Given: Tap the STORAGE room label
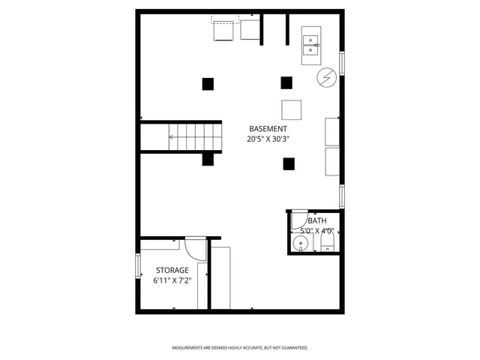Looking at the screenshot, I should tap(172, 270).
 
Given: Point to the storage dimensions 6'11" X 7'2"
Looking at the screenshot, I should tap(172, 281).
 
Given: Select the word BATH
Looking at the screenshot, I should tap(316, 220).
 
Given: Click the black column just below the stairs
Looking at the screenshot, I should tap(208, 159).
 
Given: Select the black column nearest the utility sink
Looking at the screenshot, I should tap(286, 82).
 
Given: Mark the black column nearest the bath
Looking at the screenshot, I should tap(288, 163).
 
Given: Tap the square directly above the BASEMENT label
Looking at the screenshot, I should tap(292, 109).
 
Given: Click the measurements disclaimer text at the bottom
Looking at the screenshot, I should tap(240, 348).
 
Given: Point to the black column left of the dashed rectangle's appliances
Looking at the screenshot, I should tap(208, 83).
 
